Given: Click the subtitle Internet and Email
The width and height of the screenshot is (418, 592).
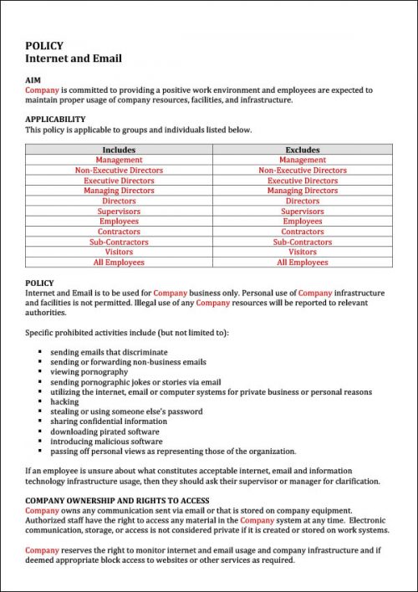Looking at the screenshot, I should [x=74, y=59].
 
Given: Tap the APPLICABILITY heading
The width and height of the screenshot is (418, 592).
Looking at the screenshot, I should [x=55, y=120].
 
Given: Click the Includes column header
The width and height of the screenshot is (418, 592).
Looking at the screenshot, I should [x=119, y=150].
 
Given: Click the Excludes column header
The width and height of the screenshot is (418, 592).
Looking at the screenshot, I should [x=303, y=150].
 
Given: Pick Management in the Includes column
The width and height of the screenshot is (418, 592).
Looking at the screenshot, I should [x=119, y=160].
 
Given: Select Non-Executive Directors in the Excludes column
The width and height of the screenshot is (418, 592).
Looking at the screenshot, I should [x=303, y=171].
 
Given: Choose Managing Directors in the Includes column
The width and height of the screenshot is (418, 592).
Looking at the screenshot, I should [x=119, y=191].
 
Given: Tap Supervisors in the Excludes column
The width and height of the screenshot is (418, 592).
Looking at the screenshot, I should [x=303, y=212].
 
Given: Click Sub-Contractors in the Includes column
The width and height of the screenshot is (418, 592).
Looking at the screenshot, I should [x=119, y=242].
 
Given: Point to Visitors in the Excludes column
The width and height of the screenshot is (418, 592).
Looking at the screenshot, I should [x=303, y=252].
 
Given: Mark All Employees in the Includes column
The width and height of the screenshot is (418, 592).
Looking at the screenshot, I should [x=119, y=263].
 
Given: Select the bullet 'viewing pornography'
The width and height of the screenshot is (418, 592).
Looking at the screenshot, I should [x=89, y=372].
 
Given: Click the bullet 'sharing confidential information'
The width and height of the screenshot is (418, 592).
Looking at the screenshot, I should [x=109, y=421].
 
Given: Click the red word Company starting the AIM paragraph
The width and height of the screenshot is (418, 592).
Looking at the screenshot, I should [x=42, y=89].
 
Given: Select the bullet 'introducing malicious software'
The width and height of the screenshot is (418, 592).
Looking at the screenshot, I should [x=106, y=441].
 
